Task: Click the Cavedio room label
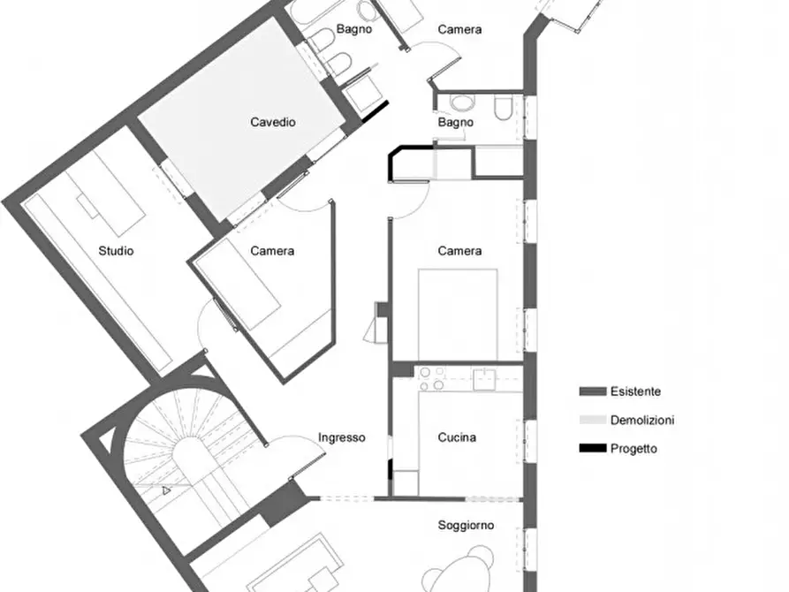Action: coord(273,122)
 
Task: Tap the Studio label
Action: coord(116,251)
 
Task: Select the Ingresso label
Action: coord(342,437)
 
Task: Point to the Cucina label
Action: coord(457,437)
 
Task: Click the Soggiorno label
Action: coord(466,525)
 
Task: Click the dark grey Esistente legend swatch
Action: coord(593,391)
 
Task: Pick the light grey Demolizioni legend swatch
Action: coord(593,420)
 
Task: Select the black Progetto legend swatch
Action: coord(593,448)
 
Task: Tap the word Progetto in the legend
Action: coord(633,449)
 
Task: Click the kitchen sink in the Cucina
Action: coord(483,379)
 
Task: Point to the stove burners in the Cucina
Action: coord(432,378)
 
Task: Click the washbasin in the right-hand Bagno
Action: coord(462,102)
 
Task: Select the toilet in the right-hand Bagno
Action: coord(504,107)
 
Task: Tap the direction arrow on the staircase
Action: coord(166,490)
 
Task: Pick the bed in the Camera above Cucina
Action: coord(458,315)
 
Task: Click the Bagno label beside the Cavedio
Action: coord(354,29)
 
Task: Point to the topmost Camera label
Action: coord(460,29)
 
